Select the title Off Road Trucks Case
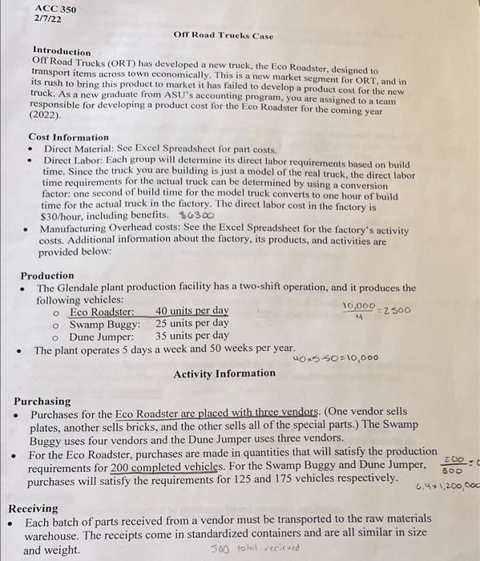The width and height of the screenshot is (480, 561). [223, 36]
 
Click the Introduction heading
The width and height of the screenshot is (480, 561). [62, 51]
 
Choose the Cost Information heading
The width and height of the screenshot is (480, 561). [68, 137]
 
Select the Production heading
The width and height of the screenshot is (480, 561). [47, 275]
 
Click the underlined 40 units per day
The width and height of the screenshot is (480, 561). [192, 311]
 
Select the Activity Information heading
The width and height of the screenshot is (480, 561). [224, 373]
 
